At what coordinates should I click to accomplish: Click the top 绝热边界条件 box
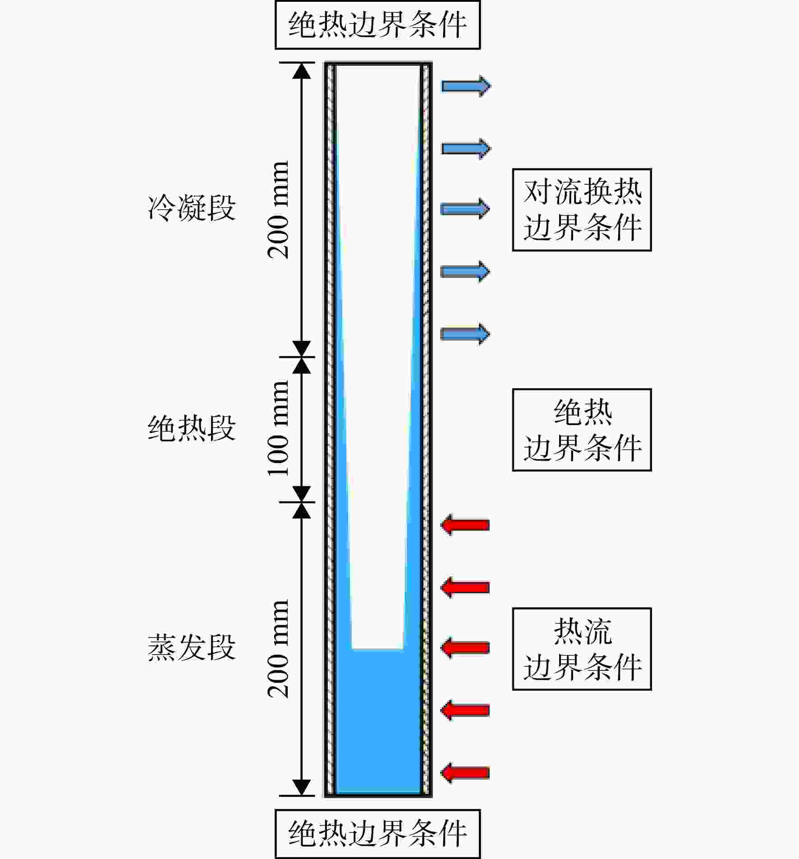pos(377,25)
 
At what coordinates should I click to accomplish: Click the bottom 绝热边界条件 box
pos(377,834)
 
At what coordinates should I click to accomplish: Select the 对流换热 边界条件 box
pos(582,210)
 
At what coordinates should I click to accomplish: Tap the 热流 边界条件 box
pos(582,649)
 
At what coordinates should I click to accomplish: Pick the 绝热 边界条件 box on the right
pos(582,430)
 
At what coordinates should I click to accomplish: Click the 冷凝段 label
pos(192,208)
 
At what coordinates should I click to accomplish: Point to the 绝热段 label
pos(192,428)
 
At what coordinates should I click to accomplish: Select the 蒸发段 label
pos(192,647)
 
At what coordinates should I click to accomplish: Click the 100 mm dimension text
pos(278,429)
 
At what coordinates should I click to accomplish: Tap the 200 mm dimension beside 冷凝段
pos(278,210)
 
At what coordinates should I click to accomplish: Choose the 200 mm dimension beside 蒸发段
pos(278,649)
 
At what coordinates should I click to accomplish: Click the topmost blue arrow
pos(466,86)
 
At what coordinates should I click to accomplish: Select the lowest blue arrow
pos(465,334)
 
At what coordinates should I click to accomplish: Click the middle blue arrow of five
pos(465,209)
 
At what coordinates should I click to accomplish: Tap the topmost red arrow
pos(465,525)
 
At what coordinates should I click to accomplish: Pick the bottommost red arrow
pos(465,773)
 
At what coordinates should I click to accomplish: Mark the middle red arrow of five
pos(465,648)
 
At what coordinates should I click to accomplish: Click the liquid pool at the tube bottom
pos(378,722)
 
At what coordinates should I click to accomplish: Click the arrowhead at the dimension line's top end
pos(302,70)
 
